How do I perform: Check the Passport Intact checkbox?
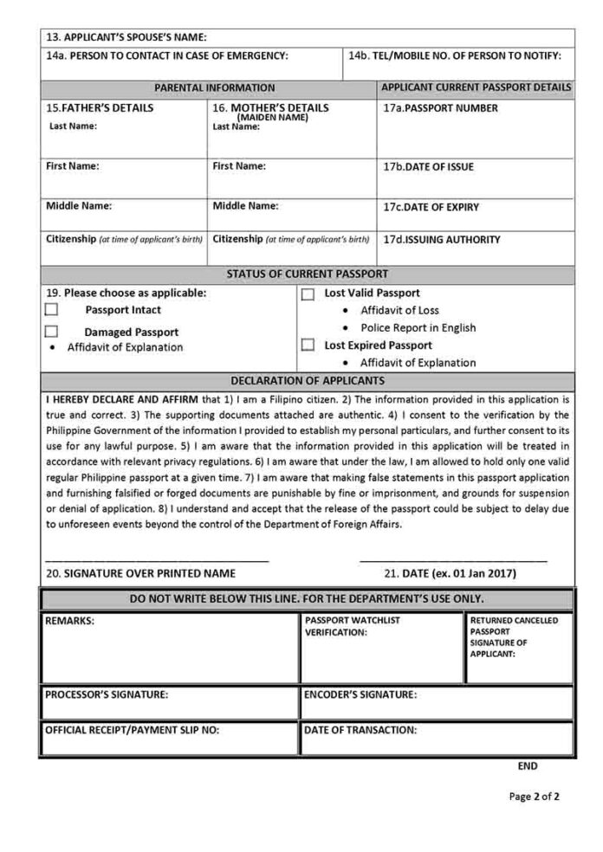(x=52, y=309)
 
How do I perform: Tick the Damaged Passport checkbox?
(x=52, y=331)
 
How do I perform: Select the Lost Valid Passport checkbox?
(x=308, y=294)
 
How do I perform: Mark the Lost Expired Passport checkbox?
(x=308, y=345)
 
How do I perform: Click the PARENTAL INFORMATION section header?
(x=214, y=87)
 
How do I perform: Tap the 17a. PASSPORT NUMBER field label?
(x=441, y=109)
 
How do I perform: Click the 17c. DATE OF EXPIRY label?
(x=431, y=208)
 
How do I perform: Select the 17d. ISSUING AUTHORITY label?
(x=442, y=240)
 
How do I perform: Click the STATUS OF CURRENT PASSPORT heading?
(x=307, y=274)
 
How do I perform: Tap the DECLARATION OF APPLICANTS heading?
(x=307, y=380)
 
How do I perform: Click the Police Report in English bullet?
(x=418, y=328)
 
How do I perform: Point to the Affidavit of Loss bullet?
(x=399, y=310)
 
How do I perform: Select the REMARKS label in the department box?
(x=69, y=621)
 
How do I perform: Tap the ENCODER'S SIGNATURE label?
(x=360, y=694)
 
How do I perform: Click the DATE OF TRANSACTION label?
(x=360, y=730)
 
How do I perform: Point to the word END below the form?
(x=528, y=766)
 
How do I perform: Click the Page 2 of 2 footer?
(x=535, y=797)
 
